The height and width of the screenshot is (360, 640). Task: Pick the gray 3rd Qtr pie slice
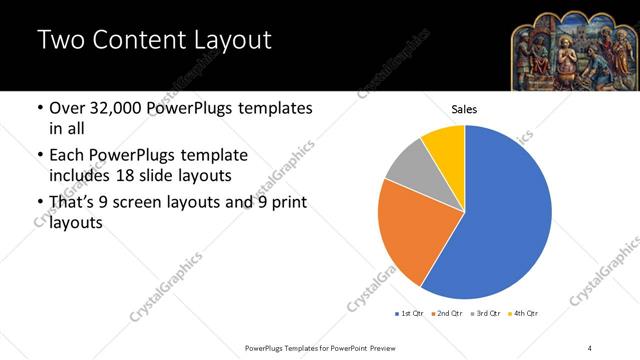tap(408, 168)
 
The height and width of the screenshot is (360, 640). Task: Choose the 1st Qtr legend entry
tap(411, 314)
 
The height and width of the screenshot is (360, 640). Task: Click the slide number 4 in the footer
tap(590, 347)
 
